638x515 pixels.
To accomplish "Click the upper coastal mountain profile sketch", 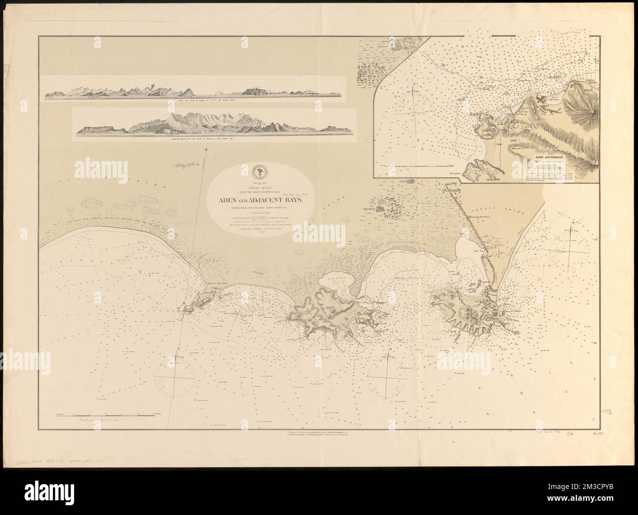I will tap(195, 90).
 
